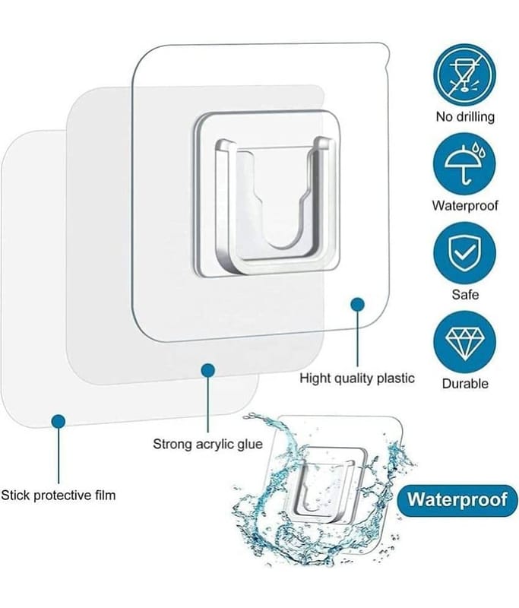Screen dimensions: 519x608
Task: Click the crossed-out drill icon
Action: point(464,75)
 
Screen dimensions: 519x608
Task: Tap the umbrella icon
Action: point(464,164)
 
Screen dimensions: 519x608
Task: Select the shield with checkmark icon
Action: point(464,253)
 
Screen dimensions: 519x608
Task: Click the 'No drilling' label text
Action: point(465,117)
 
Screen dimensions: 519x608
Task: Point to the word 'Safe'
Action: point(465,295)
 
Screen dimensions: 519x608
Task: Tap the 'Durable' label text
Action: point(465,384)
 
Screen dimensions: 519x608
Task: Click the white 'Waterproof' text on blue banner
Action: point(457,499)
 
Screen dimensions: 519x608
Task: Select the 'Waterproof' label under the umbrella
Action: point(465,205)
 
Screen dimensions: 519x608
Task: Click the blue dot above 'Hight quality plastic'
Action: point(357,305)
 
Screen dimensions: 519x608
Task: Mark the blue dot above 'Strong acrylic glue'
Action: point(208,370)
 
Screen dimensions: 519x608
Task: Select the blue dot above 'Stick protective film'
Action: point(59,421)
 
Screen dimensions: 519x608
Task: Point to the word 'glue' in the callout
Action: point(249,445)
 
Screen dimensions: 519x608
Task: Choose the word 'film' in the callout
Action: point(105,496)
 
